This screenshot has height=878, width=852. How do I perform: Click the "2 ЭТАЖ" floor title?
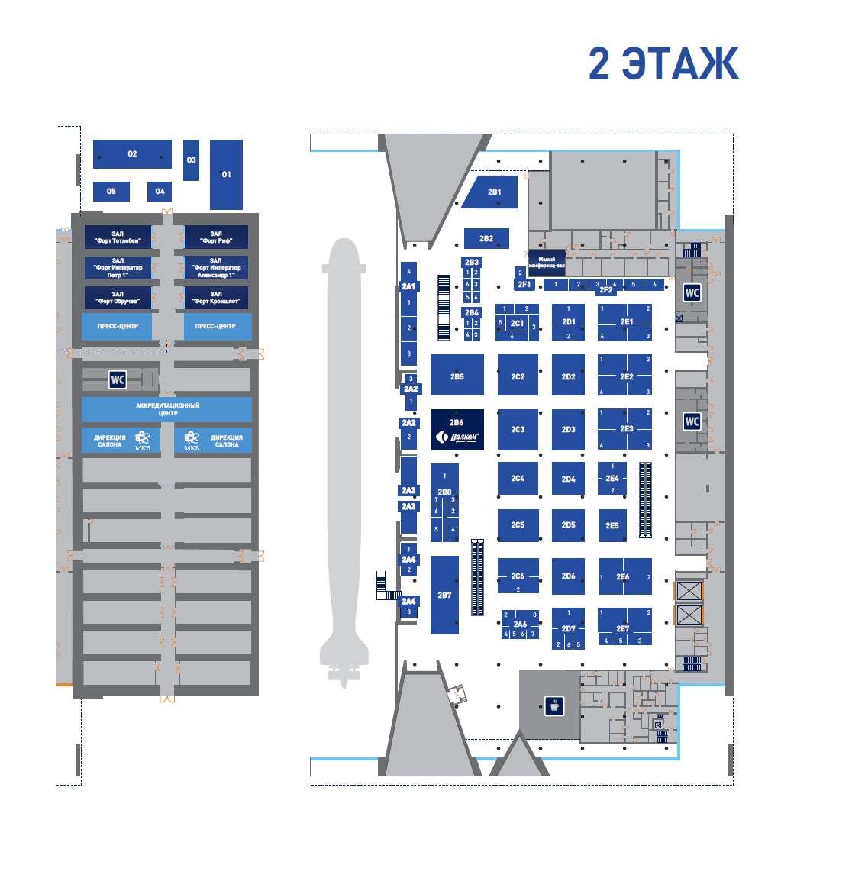click(x=663, y=63)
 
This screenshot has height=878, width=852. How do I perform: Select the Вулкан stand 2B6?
click(x=457, y=430)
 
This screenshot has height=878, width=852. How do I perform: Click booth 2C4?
click(x=518, y=479)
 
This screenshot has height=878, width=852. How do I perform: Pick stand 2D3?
click(x=568, y=429)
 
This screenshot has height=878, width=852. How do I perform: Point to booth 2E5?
click(x=612, y=525)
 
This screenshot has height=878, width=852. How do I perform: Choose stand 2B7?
click(x=444, y=595)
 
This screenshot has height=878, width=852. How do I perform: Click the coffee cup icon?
click(x=554, y=705)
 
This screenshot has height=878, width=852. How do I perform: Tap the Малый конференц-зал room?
click(x=547, y=263)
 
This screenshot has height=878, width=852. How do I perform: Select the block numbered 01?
click(x=226, y=174)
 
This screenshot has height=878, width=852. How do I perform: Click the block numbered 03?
click(x=191, y=160)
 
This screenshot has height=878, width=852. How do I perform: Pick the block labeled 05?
click(x=111, y=191)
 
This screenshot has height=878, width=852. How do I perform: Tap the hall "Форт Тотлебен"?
click(x=118, y=237)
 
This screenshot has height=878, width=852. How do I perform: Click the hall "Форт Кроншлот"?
click(x=216, y=298)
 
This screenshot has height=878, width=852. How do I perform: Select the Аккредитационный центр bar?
click(x=167, y=409)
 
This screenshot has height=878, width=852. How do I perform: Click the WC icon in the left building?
click(x=117, y=379)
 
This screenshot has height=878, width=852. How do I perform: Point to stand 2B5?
click(x=457, y=376)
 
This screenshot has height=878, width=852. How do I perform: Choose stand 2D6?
click(x=568, y=576)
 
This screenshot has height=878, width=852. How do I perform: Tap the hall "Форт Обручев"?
click(x=118, y=298)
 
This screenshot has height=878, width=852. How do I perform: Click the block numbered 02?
click(x=132, y=154)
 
